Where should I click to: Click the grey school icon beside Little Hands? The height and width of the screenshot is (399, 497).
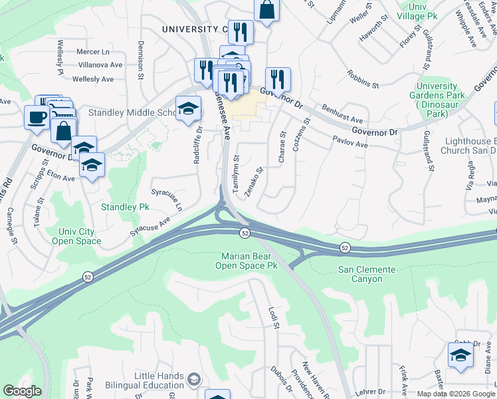click(x=193, y=380)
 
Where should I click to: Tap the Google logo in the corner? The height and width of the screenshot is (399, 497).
click(x=22, y=391)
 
